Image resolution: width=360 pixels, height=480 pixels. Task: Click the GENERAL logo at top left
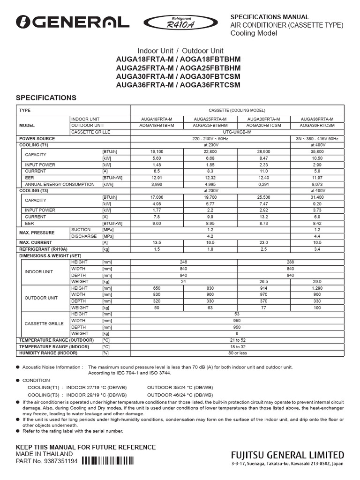[72, 22]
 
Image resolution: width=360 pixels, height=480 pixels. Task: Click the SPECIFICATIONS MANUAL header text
[269, 16]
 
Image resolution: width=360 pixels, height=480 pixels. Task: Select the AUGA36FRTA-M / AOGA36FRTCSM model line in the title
[178, 85]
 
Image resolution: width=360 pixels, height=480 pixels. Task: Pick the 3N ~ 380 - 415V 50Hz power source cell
[317, 139]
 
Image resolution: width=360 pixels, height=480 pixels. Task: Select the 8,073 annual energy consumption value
[317, 185]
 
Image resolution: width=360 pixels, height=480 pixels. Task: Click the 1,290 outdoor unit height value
[317, 288]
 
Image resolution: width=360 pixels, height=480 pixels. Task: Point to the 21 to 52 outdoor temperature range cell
[237, 340]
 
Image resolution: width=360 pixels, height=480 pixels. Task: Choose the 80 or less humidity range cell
[237, 353]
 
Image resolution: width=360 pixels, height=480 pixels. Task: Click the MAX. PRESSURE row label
[37, 233]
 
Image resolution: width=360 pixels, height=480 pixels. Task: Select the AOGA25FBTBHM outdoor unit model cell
[210, 126]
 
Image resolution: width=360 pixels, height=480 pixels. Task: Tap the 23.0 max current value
[264, 242]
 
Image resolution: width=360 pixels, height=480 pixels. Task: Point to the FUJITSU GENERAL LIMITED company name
[287, 455]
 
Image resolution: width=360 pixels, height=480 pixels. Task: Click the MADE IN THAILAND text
[45, 454]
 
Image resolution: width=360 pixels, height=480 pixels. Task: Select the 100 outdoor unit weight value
[317, 307]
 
